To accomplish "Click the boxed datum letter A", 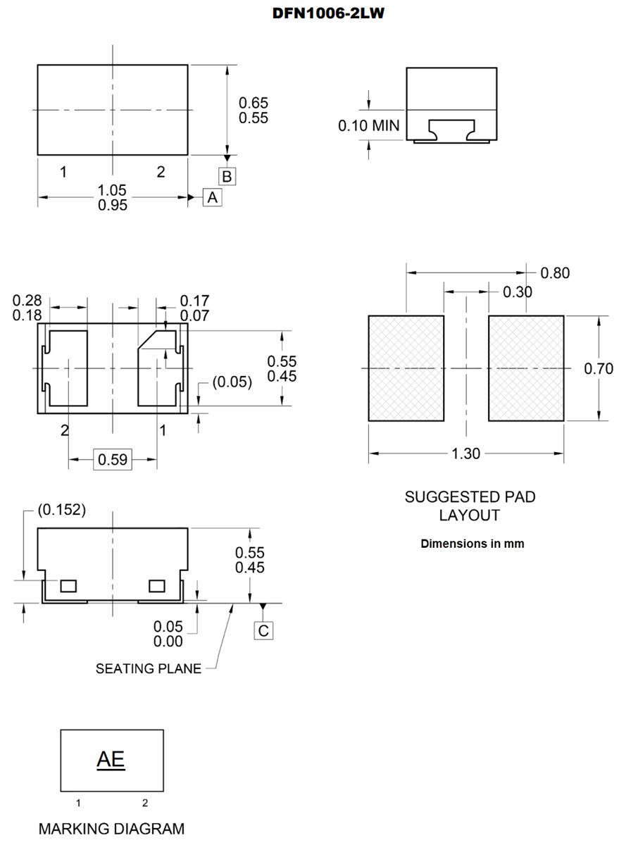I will tap(213, 198).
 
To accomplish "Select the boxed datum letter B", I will tap(227, 176).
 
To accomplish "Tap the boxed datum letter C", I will tap(263, 630).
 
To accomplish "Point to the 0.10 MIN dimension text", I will tap(368, 126).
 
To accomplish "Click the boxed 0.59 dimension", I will tap(113, 460).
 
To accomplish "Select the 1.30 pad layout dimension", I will tap(465, 453).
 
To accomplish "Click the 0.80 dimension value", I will tap(555, 273).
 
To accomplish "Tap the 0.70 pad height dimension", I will tap(599, 368).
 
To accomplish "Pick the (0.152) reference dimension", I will tap(61, 510).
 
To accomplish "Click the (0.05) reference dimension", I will tap(232, 382).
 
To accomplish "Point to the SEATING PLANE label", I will tap(148, 668).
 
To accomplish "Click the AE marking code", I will tap(111, 760).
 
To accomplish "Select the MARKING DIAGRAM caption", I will tap(111, 829).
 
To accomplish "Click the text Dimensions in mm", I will tap(472, 544).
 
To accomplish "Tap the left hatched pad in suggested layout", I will tap(406, 368).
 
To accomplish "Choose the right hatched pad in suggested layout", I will tap(527, 368).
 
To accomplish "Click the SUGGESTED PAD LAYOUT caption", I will tap(470, 506).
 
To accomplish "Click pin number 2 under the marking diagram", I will tap(145, 803).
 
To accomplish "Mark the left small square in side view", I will tap(68, 586).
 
